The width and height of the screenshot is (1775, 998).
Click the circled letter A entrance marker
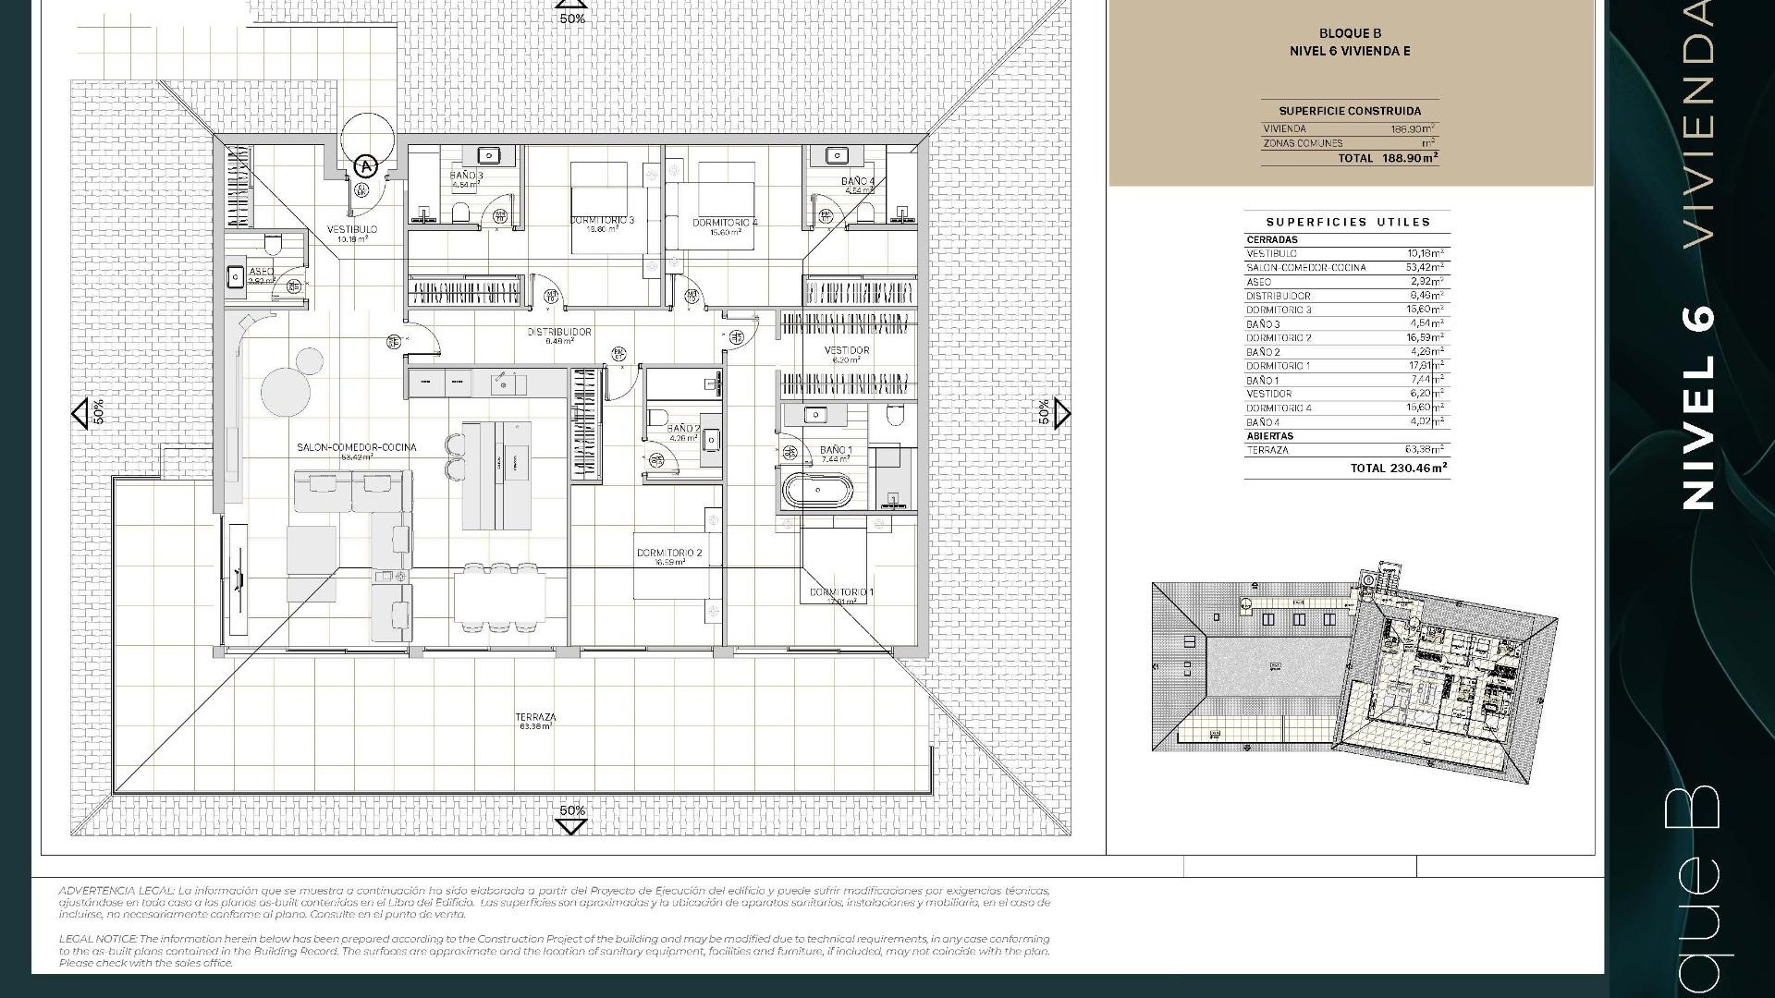pyautogui.click(x=367, y=166)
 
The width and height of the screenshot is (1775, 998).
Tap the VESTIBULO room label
pyautogui.click(x=352, y=229)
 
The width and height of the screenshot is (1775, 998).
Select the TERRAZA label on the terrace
pyautogui.click(x=536, y=717)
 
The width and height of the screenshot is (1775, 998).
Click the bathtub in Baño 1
pyautogui.click(x=817, y=490)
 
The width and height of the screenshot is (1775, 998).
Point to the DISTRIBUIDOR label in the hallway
pyautogui.click(x=559, y=332)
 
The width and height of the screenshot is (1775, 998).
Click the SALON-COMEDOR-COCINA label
pyautogui.click(x=356, y=447)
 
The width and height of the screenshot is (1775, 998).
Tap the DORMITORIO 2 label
pyautogui.click(x=669, y=554)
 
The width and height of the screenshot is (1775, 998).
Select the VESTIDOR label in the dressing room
pyautogui.click(x=847, y=350)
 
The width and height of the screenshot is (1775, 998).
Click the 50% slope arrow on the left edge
pyautogui.click(x=81, y=413)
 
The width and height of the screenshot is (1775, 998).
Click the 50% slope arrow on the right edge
pyautogui.click(x=1061, y=413)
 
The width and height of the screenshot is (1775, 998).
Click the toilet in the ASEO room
pyautogui.click(x=272, y=244)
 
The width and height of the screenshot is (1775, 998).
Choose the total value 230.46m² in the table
pyautogui.click(x=1418, y=469)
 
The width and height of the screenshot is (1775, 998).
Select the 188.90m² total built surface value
pyautogui.click(x=1410, y=158)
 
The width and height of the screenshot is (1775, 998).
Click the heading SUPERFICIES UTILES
pyautogui.click(x=1348, y=223)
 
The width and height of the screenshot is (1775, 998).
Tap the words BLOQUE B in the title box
pyautogui.click(x=1350, y=34)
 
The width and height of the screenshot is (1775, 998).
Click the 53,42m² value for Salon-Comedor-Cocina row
pyautogui.click(x=1425, y=268)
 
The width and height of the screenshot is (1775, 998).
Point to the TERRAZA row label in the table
pyautogui.click(x=1267, y=450)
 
